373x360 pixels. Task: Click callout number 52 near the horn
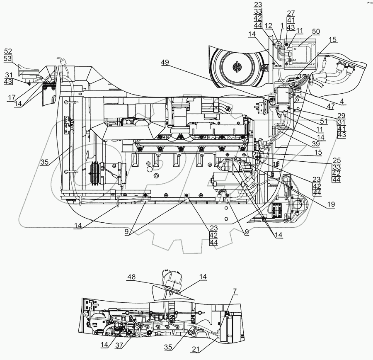[8, 51]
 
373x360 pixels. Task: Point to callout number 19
[330, 205]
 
